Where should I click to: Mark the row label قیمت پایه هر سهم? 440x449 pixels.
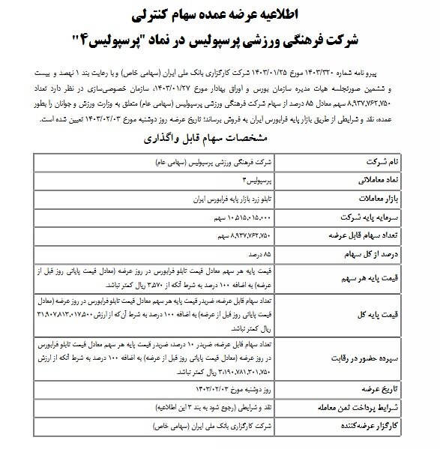tap(374, 277)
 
